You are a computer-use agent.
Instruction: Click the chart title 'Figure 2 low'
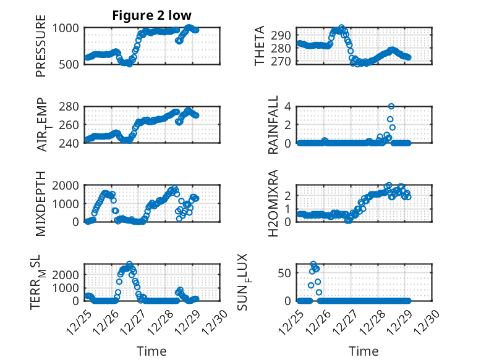tap(151, 15)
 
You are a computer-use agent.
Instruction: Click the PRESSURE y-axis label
tap(41, 50)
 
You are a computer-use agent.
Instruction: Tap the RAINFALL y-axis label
tap(273, 125)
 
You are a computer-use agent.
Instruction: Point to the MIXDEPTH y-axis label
tap(41, 203)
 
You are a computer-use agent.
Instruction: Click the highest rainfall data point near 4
tap(391, 106)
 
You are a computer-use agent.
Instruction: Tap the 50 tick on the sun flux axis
tap(286, 274)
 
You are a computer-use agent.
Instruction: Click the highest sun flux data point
tap(313, 264)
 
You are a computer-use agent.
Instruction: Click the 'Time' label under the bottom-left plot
tap(151, 351)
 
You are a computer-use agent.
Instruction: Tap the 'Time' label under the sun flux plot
tap(364, 351)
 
